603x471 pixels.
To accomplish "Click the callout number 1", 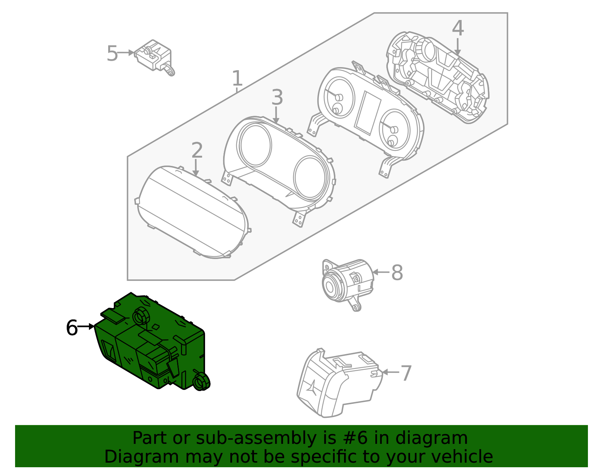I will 237,78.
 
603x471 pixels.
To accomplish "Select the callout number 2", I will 197,150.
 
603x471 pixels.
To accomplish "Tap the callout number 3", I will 277,98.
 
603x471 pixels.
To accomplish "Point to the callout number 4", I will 458,29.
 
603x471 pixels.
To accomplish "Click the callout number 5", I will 112,54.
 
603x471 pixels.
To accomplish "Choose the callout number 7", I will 406,373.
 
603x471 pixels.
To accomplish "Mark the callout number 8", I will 397,273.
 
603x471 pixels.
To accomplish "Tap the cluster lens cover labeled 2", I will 192,213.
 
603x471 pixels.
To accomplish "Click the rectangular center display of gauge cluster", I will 368,113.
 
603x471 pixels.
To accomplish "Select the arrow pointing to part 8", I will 381,272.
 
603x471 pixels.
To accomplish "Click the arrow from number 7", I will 390,372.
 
